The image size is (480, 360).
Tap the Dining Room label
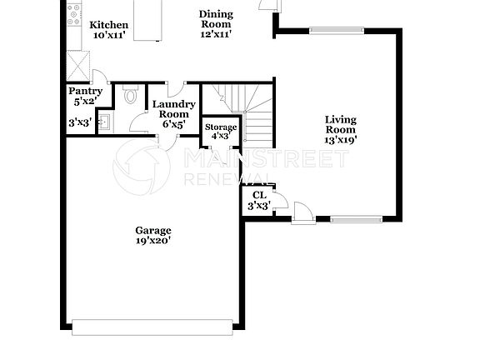215,24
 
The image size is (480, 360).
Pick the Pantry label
85,96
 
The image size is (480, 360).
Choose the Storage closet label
221,131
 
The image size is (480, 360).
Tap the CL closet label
259,200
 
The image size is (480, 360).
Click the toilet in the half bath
130,97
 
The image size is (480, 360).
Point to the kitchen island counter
147,20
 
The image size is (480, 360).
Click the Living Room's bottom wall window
357,220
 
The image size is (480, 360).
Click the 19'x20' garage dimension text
153,242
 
